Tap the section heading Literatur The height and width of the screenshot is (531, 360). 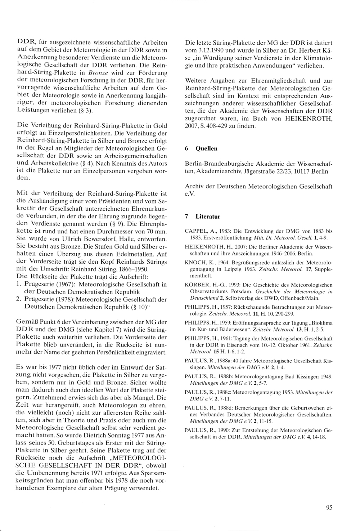click(x=208, y=217)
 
